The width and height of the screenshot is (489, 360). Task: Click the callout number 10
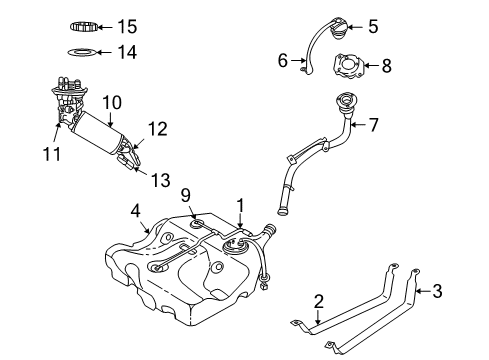(109, 102)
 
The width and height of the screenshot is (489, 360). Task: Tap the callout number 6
(283, 61)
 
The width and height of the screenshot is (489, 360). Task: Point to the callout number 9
(185, 194)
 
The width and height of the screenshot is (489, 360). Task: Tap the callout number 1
(239, 204)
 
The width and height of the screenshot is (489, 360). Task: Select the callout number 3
(435, 291)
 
